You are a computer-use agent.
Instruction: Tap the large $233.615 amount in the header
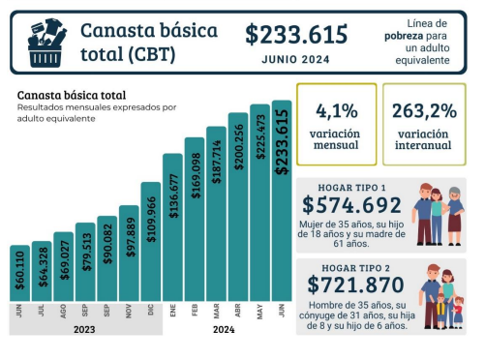click(295, 35)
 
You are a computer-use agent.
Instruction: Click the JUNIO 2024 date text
click(295, 59)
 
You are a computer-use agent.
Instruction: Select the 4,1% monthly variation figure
click(335, 111)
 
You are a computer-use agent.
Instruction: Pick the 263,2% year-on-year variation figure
click(423, 111)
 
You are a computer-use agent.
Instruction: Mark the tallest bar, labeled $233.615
click(282, 199)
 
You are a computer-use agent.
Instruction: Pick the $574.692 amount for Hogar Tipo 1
click(351, 205)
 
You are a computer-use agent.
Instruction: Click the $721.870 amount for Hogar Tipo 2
click(351, 285)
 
